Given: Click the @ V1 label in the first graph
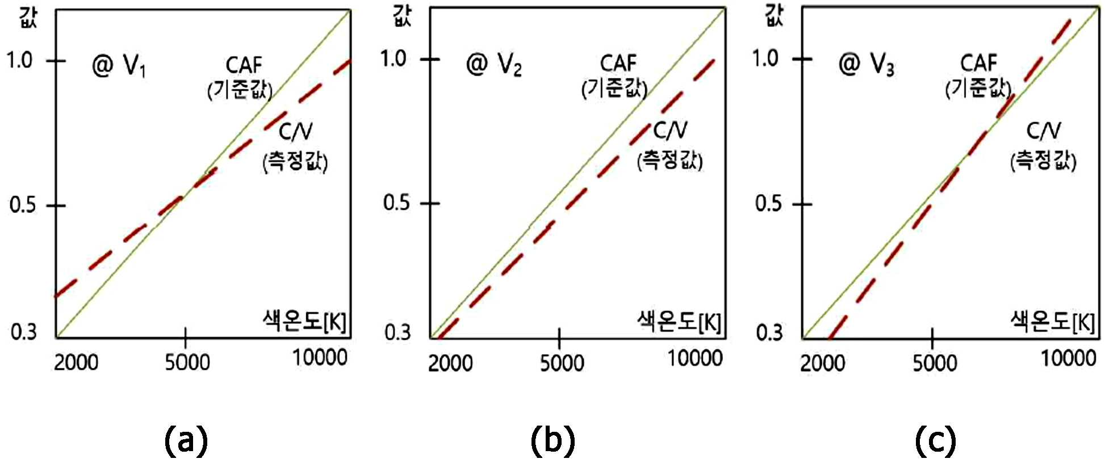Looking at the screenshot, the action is pos(119,66).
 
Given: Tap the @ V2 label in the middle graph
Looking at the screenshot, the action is pos(493,64).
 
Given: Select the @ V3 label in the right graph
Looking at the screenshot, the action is pos(866,64).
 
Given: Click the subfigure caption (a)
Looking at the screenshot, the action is pos(186,441).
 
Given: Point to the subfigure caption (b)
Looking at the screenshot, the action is pos(552,441).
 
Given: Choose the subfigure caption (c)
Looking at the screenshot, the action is pos(935,441).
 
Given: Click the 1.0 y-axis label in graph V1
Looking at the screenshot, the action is pos(20,60).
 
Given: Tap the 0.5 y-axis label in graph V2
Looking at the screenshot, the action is pos(396,203).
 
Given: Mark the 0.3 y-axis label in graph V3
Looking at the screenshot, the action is pos(769,332).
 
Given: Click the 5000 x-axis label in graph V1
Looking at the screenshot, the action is pos(187,362).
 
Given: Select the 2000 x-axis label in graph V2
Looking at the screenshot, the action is pos(450,363).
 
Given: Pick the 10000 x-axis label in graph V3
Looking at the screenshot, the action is pos(1068,358).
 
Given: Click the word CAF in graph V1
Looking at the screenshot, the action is pos(244,65).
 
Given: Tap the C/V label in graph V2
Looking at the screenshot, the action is pos(670,131).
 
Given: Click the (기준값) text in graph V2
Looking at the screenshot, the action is pos(614,88).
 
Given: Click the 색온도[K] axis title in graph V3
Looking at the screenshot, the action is pos(1052,321).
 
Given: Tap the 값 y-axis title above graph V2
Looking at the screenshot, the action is pos(402,14).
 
